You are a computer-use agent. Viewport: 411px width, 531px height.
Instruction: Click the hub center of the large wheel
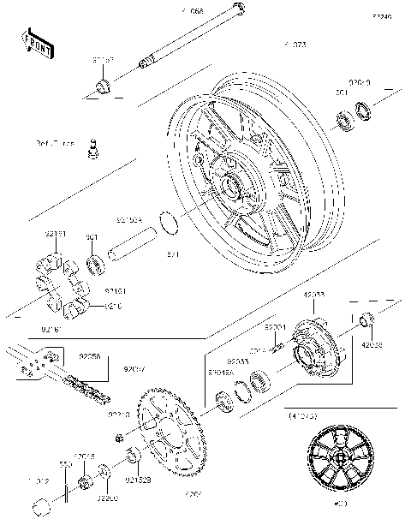pyautogui.click(x=233, y=182)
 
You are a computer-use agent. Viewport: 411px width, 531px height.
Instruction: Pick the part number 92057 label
pyautogui.click(x=135, y=370)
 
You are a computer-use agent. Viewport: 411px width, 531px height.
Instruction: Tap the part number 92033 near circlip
pyautogui.click(x=238, y=361)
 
